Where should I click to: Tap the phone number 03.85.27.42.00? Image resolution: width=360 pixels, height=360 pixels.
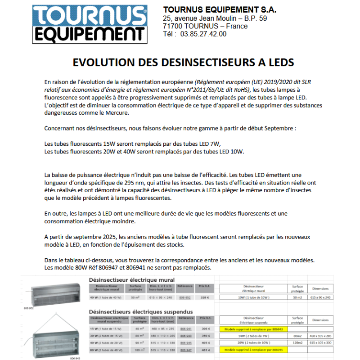tap(203, 34)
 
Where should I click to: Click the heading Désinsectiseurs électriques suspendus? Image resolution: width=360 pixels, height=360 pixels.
tap(141, 311)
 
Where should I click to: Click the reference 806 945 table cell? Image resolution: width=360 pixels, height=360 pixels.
tap(185, 342)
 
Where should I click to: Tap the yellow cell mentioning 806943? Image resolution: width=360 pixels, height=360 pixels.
tap(252, 329)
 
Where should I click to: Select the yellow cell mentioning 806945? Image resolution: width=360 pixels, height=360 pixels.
tap(252, 349)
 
